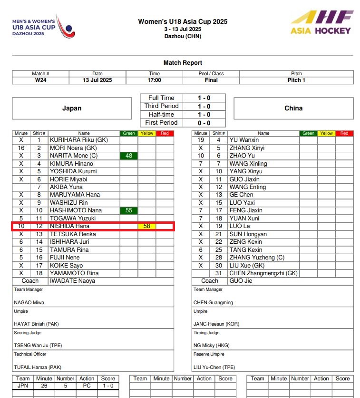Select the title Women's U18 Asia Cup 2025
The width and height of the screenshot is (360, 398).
click(183, 21)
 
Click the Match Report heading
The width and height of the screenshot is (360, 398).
click(183, 63)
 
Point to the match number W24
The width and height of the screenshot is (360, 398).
click(40, 80)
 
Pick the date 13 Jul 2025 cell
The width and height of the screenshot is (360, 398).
click(97, 80)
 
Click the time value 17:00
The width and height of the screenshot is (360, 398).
click(154, 80)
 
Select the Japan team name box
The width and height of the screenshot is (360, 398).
click(72, 109)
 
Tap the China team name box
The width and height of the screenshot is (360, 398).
click(293, 109)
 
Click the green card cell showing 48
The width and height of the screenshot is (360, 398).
click(129, 156)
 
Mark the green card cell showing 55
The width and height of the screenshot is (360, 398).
click(129, 210)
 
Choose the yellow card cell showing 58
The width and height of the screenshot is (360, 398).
click(147, 226)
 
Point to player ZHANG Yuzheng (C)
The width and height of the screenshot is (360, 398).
click(257, 258)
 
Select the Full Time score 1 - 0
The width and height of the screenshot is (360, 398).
click(204, 98)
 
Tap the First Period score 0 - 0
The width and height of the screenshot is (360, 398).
click(204, 123)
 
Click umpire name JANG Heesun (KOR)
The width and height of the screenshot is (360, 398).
click(216, 324)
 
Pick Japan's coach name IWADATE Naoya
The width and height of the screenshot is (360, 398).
click(72, 281)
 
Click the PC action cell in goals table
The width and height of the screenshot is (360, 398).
click(87, 386)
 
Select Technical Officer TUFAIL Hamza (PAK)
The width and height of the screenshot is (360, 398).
click(38, 367)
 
